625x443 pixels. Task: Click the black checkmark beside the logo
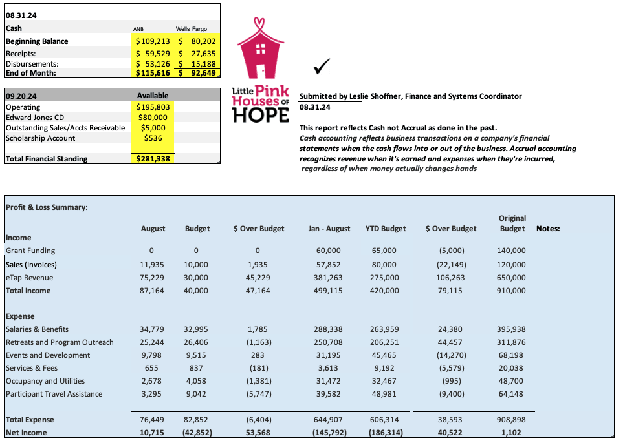click(x=321, y=66)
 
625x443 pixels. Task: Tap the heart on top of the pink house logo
click(x=261, y=24)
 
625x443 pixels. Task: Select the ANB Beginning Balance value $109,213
click(x=152, y=41)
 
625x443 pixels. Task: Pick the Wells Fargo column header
click(x=192, y=28)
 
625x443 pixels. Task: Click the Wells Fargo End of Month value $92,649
click(x=199, y=73)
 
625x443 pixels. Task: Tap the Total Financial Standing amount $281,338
click(x=153, y=158)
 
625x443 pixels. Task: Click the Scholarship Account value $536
click(x=153, y=138)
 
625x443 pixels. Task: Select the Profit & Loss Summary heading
click(x=47, y=207)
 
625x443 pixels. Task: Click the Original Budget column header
click(x=512, y=223)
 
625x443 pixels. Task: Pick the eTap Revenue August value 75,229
click(x=152, y=278)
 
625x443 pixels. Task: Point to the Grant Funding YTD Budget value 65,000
click(x=385, y=251)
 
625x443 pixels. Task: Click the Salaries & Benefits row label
click(x=37, y=329)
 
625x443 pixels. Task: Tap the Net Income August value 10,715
click(x=152, y=433)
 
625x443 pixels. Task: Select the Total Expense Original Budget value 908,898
click(x=511, y=420)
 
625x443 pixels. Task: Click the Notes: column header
click(x=548, y=229)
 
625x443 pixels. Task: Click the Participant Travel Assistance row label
click(x=54, y=394)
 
